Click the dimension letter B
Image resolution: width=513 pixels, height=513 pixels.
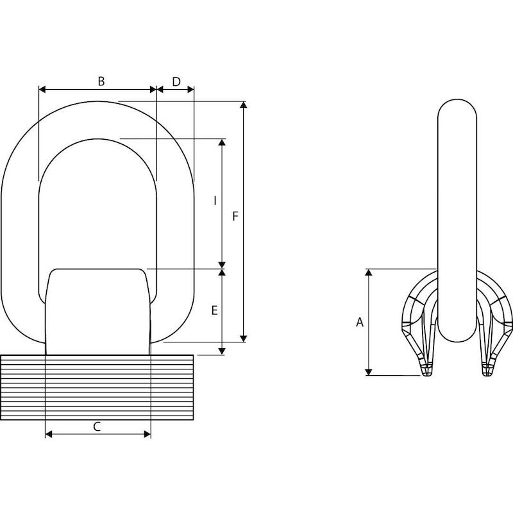pyautogui.click(x=101, y=81)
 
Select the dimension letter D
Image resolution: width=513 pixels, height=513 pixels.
pyautogui.click(x=176, y=82)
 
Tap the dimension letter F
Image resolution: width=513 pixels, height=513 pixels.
pyautogui.click(x=235, y=216)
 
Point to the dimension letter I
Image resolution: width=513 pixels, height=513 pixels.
pyautogui.click(x=215, y=201)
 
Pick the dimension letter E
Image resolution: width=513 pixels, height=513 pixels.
pyautogui.click(x=215, y=310)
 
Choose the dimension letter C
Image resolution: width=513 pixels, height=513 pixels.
pyautogui.click(x=97, y=426)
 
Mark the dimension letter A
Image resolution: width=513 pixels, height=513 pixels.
pyautogui.click(x=360, y=323)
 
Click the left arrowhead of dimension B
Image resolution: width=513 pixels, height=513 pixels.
pyautogui.click(x=42, y=89)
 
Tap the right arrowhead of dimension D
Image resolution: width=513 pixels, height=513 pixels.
pyautogui.click(x=190, y=89)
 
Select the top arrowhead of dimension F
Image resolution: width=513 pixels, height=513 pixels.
pyautogui.click(x=243, y=105)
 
